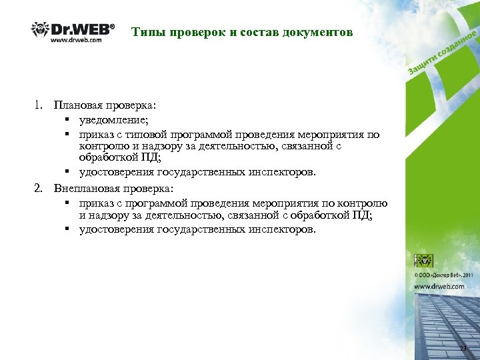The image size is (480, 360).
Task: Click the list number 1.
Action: point(39,105)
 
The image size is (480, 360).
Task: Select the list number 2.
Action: point(39,188)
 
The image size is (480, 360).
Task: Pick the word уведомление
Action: point(114,119)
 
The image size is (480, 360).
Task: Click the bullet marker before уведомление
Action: point(69,120)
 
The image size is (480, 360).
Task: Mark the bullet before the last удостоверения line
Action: point(69,230)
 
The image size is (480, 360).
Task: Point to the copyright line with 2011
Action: point(443,274)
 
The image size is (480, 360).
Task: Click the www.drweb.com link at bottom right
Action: point(439,286)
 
